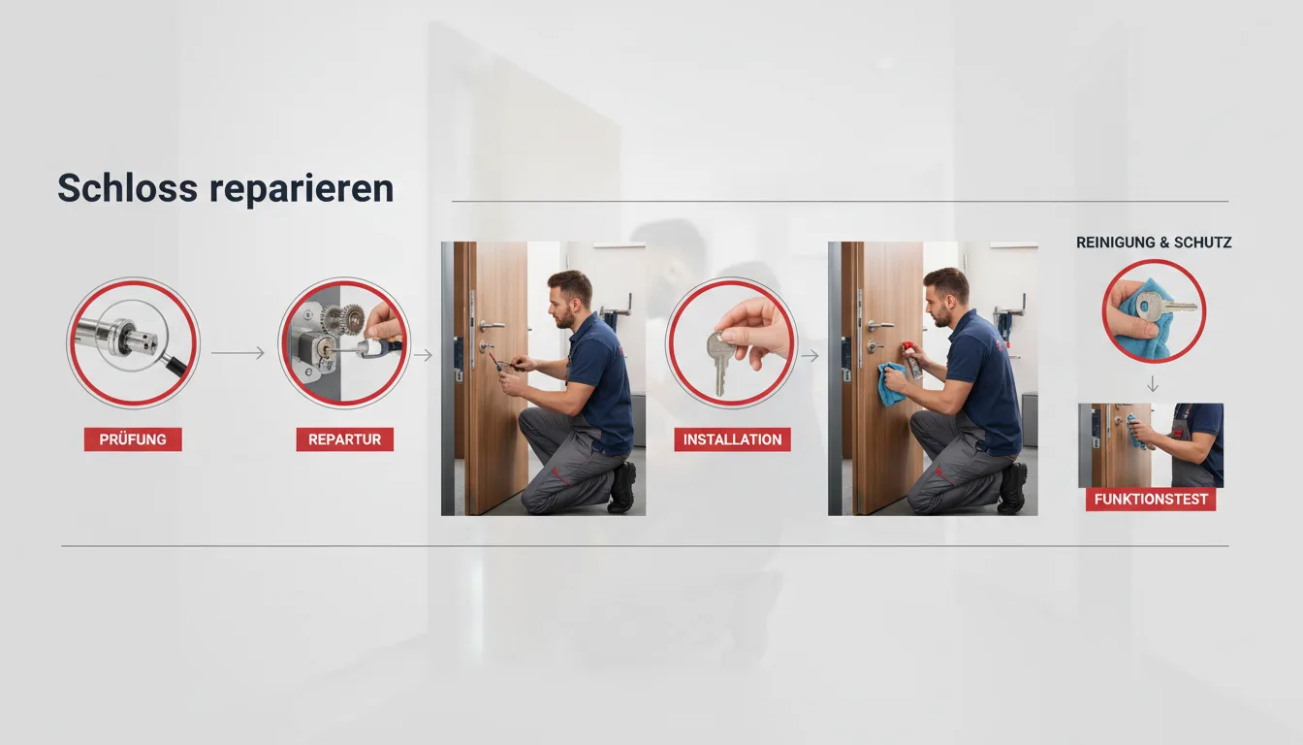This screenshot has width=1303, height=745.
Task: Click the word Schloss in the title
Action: pos(127,188)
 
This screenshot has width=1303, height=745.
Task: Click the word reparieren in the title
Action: pos(302,189)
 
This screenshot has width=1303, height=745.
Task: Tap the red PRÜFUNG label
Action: pos(133,439)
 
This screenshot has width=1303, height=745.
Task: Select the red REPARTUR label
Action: pos(344,439)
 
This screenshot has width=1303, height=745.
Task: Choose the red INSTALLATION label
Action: pos(732,439)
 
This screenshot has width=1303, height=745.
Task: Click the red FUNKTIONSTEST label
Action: pos(1151,500)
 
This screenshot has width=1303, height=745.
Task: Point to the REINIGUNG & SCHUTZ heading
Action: pos(1154,243)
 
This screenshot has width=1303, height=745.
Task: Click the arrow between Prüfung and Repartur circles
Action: pos(238,353)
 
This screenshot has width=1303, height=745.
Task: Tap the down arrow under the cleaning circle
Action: pos(1153,385)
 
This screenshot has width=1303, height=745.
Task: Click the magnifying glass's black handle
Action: pos(176,367)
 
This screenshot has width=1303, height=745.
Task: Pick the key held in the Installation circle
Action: pos(718,362)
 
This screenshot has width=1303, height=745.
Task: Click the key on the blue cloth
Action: pos(1163,307)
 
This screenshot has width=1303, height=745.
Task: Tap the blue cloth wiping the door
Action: pos(892,383)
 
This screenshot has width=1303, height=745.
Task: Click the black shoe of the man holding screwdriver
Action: pos(622,488)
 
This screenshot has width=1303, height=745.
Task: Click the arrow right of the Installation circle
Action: pos(810,355)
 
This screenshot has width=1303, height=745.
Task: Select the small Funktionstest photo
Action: pos(1151,445)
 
